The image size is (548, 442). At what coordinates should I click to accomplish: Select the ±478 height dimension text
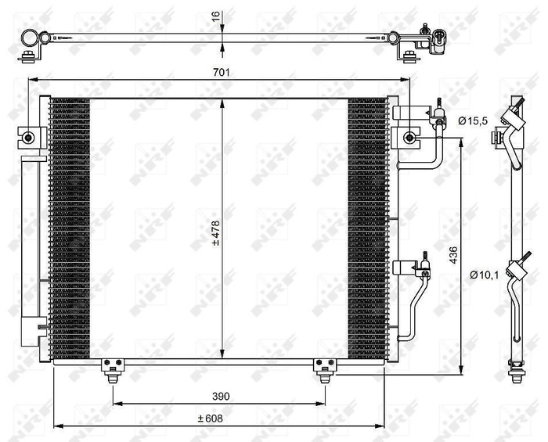click(x=216, y=232)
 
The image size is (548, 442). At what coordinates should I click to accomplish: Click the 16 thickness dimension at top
click(x=216, y=16)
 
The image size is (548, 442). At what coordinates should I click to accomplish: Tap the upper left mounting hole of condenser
click(x=29, y=138)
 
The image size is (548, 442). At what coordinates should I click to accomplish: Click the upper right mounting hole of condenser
click(x=409, y=138)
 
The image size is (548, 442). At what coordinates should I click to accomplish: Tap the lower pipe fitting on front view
click(x=420, y=268)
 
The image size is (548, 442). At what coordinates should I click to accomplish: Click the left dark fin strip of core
click(x=70, y=227)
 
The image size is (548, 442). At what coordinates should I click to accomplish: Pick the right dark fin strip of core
click(x=366, y=227)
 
